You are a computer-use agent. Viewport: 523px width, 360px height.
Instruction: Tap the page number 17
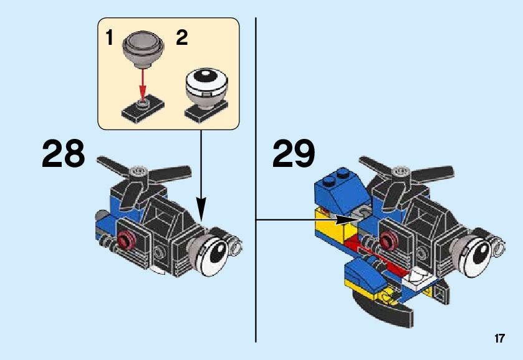point(499,339)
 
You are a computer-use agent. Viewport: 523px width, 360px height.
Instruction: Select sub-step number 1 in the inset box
point(110,39)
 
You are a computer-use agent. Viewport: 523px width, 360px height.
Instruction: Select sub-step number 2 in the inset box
point(181,39)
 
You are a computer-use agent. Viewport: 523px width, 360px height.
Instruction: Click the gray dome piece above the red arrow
point(143,50)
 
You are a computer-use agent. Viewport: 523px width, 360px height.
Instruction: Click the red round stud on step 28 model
point(127,239)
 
